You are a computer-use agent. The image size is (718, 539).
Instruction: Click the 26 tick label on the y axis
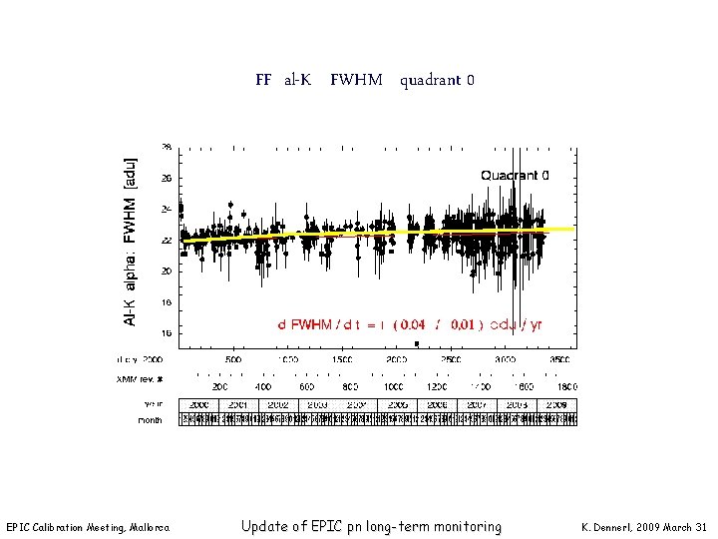click(167, 178)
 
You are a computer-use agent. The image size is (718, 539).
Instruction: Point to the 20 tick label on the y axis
click(167, 270)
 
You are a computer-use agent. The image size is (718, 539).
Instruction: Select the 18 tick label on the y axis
click(167, 301)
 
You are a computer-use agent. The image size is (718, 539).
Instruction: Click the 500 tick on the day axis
click(232, 359)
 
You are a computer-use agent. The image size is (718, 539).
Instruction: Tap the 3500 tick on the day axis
click(561, 359)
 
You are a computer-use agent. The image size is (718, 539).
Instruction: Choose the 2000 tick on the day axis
click(397, 359)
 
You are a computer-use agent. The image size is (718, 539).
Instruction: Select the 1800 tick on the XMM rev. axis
click(565, 385)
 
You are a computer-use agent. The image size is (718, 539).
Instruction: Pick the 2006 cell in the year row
click(437, 405)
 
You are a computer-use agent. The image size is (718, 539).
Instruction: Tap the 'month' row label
click(150, 420)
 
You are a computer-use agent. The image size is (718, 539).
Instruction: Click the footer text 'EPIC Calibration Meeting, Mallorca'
click(88, 527)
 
